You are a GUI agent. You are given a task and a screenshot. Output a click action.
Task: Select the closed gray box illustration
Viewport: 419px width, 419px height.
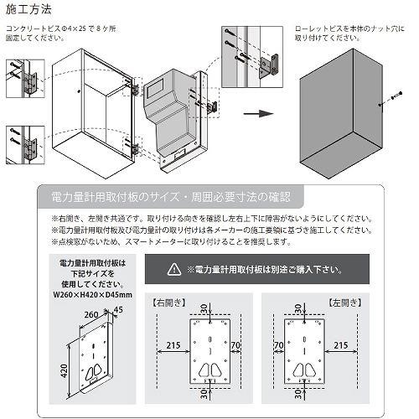344,109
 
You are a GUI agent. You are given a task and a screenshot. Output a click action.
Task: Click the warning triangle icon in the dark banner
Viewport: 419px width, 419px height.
173,269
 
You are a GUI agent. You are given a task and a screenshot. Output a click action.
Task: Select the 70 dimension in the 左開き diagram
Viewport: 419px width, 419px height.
277,343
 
